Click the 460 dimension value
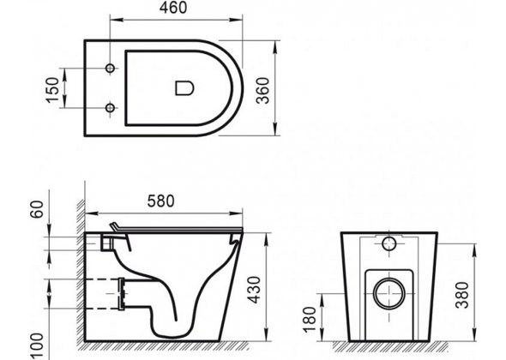tap(173, 8)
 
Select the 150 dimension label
tap(53, 90)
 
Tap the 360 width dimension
tap(262, 91)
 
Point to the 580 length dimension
tap(160, 201)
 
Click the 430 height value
tap(256, 290)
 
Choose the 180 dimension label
tap(310, 320)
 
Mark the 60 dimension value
tap(37, 209)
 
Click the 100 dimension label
tap(37, 346)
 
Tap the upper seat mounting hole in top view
tap(111, 69)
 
